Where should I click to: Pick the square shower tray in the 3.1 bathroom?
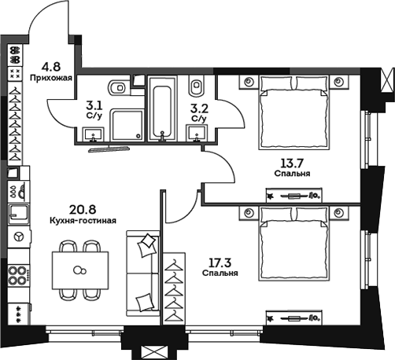pos(126,126)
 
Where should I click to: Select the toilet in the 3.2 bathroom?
pos(200,85)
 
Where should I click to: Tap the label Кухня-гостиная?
pos(83,221)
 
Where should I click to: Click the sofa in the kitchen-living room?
pos(143,272)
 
